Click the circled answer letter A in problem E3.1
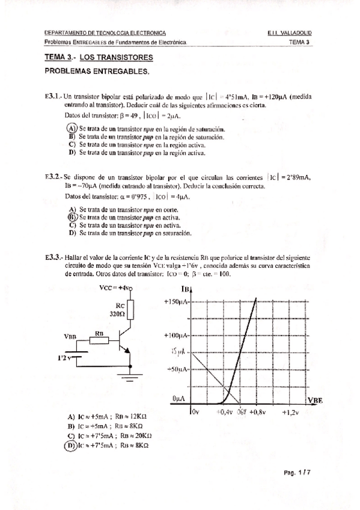click(71, 129)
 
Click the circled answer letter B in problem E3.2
click(72, 217)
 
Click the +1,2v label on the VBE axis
click(291, 413)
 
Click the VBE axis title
click(315, 400)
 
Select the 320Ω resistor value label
click(117, 313)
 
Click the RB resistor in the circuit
click(99, 340)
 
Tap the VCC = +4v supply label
click(115, 288)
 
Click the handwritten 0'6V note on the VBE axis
click(242, 413)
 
